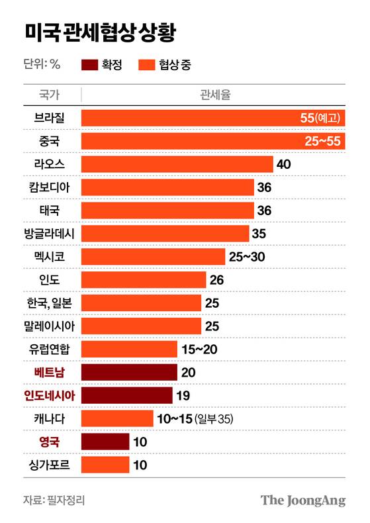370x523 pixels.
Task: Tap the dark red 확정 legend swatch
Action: tap(89, 64)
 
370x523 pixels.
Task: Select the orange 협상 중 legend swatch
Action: tap(146, 64)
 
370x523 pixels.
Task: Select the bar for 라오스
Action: tap(177, 164)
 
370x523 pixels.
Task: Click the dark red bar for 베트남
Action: tap(129, 372)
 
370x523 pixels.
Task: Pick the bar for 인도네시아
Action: tap(126, 395)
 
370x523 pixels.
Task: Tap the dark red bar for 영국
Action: tap(105, 442)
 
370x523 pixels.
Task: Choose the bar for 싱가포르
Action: tap(105, 465)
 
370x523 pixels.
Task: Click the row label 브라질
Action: tap(52, 118)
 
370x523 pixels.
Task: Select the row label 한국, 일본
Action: tap(52, 303)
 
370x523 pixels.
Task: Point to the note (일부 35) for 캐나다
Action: tap(214, 419)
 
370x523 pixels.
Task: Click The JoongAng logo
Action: tap(302, 500)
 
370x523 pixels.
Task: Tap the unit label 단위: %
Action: tap(42, 64)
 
